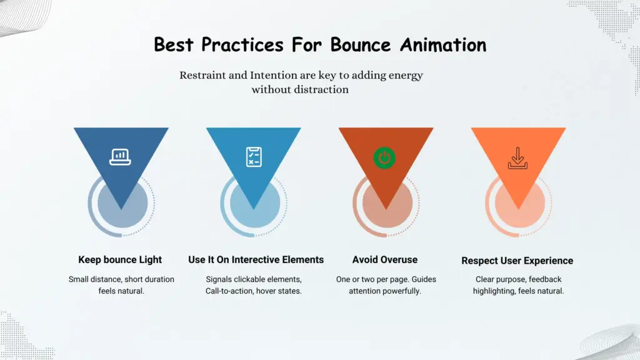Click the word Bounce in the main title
[x=361, y=45]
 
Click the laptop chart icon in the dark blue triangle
[x=120, y=157]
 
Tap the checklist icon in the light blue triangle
[x=253, y=157]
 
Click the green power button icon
[x=385, y=158]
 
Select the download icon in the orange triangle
[x=517, y=158]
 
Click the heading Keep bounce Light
[x=120, y=259]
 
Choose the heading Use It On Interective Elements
[x=256, y=259]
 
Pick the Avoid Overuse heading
[x=385, y=259]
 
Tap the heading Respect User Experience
[x=517, y=261]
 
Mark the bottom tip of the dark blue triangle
[x=121, y=208]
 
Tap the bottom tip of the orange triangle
[x=517, y=208]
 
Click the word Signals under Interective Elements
[x=220, y=279]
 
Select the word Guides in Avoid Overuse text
[x=407, y=279]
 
